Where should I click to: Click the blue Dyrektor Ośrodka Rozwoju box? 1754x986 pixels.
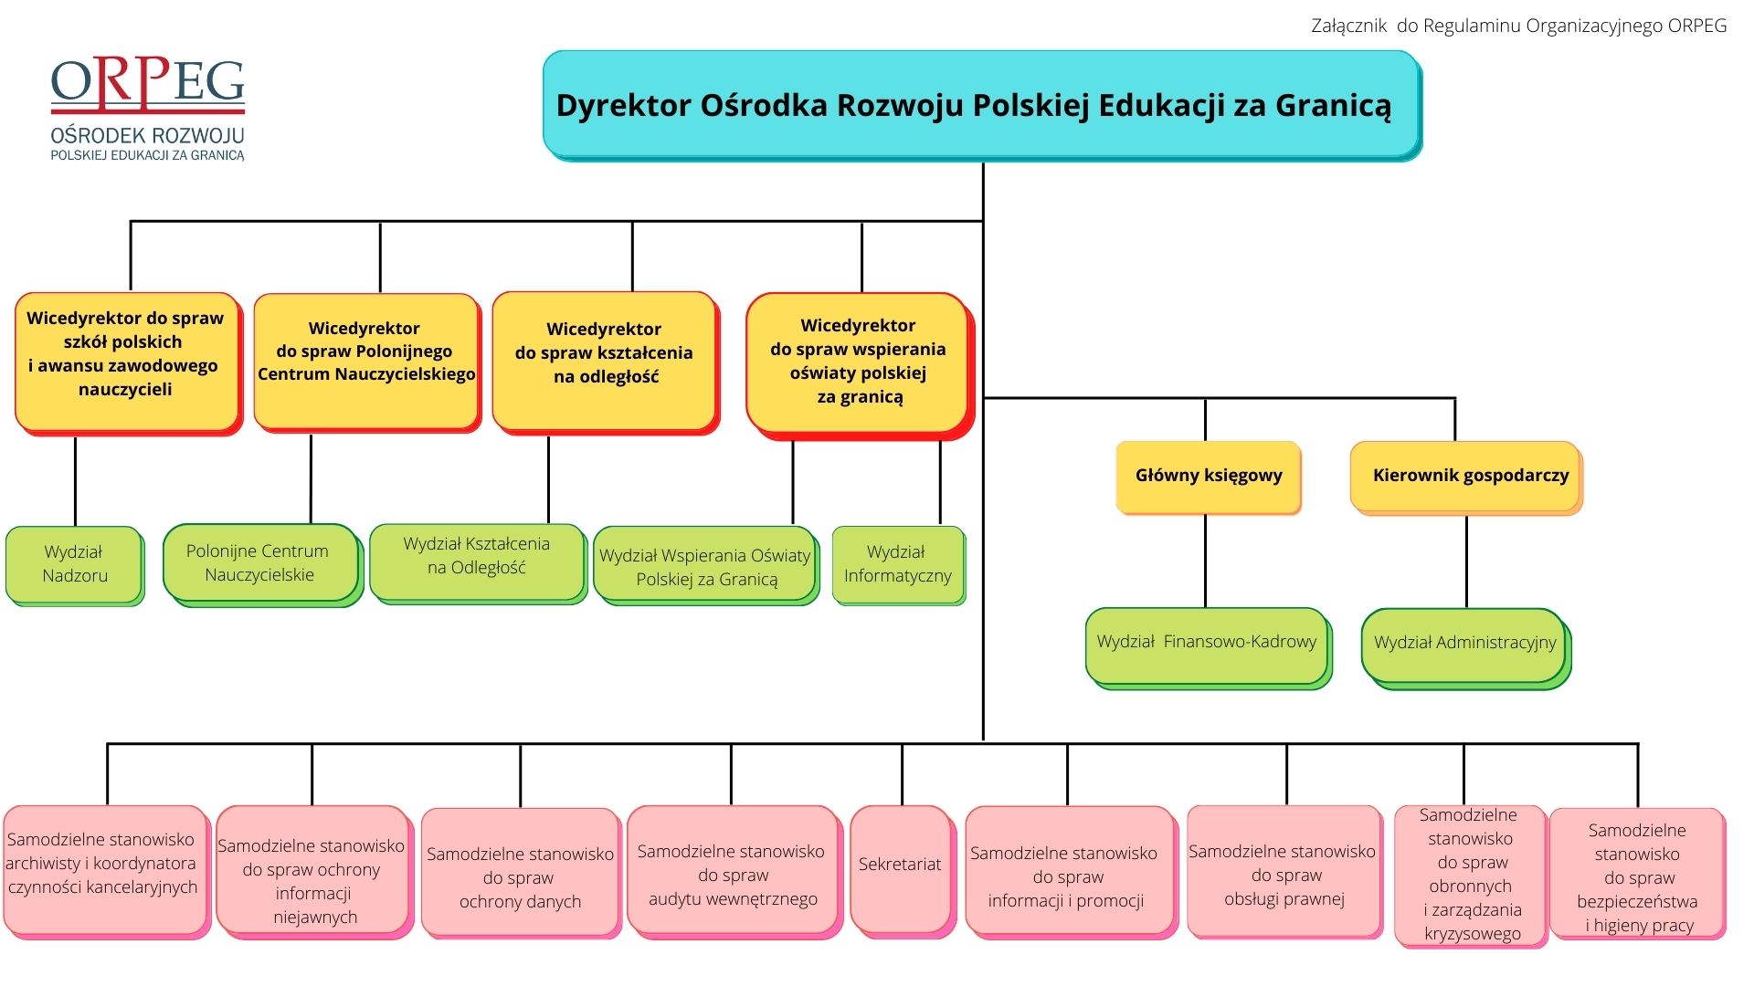tap(982, 106)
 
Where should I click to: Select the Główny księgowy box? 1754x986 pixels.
tap(1208, 477)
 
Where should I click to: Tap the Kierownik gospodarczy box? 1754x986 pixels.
tap(1466, 477)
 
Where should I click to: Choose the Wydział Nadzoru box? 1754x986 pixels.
tap(75, 565)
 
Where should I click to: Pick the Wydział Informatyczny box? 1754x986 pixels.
tap(899, 565)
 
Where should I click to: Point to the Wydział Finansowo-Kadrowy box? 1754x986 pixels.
tap(1209, 648)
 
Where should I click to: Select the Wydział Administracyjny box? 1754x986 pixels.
tap(1466, 648)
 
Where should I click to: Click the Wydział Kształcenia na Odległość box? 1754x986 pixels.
tap(478, 563)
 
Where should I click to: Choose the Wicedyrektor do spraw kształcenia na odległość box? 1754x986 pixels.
tap(606, 362)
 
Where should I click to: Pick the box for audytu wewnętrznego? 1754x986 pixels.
tap(734, 872)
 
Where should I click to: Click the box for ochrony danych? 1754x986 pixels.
tap(522, 873)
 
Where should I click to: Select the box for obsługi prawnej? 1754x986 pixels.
tap(1284, 872)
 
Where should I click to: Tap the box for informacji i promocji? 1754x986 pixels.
tap(1070, 873)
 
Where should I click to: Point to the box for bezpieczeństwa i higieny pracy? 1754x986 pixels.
tap(1638, 874)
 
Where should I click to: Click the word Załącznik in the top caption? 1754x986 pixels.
tap(1349, 26)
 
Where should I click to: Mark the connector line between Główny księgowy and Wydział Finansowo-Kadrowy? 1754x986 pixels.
tap(1205, 561)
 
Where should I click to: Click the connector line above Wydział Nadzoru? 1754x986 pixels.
tap(75, 481)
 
